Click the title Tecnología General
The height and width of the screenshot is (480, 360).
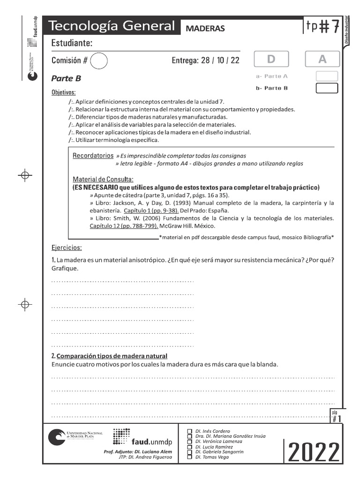click(112, 26)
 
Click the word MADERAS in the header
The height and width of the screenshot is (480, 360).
click(205, 28)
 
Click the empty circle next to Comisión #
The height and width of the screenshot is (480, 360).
click(98, 60)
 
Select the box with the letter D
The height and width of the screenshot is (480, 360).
click(271, 59)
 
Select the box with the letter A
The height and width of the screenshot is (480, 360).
click(322, 59)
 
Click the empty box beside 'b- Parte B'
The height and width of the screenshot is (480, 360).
click(327, 88)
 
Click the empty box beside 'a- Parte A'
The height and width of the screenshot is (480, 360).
click(327, 76)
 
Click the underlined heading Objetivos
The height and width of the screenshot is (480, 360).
click(63, 92)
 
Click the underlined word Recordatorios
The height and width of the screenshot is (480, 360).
click(93, 155)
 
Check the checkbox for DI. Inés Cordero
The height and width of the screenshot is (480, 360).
click(189, 431)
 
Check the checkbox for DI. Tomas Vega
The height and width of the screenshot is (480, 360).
click(189, 457)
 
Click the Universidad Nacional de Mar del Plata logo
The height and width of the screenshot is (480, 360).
click(75, 437)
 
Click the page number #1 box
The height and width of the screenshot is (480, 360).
click(337, 417)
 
